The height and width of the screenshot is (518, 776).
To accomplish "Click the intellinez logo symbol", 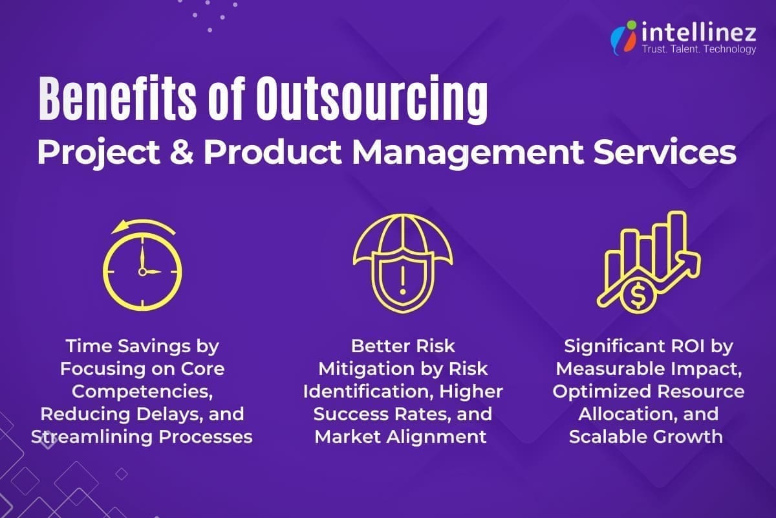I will click(623, 37).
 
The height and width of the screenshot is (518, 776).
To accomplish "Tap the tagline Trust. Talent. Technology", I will click(698, 49).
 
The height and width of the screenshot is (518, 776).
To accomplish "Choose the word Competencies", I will click(141, 392).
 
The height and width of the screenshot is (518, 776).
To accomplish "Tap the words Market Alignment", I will click(401, 436).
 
